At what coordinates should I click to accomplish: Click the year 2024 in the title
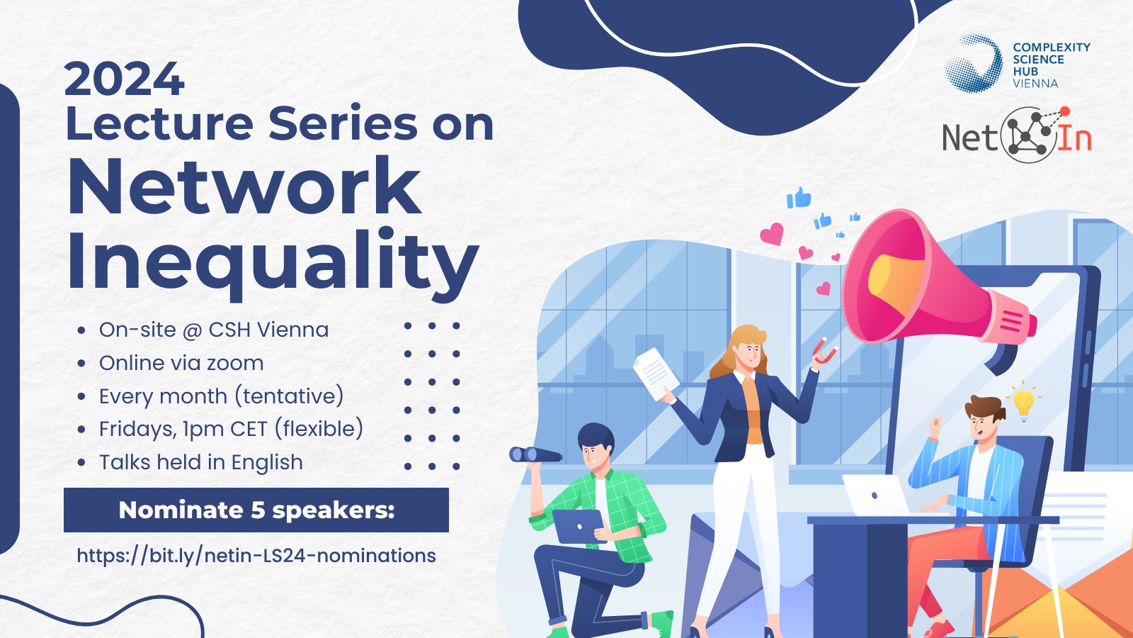(x=125, y=79)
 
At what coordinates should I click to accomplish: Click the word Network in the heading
(x=244, y=186)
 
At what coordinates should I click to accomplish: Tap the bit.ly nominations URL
(x=256, y=556)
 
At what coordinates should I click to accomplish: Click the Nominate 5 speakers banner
(x=256, y=510)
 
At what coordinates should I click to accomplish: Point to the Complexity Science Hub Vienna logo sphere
(x=973, y=63)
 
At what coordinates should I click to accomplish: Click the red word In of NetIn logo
(x=1074, y=138)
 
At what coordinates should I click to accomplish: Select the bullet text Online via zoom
(x=181, y=363)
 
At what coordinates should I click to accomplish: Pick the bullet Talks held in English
(x=201, y=462)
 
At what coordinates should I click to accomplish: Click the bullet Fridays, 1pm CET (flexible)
(x=231, y=429)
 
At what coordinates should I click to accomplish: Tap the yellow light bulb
(x=1023, y=403)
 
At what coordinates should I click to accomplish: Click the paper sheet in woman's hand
(x=656, y=374)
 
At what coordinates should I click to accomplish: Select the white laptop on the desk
(x=875, y=496)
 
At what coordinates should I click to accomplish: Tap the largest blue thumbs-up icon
(x=799, y=198)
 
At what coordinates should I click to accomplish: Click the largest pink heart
(x=773, y=234)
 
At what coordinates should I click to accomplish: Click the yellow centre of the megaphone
(x=893, y=281)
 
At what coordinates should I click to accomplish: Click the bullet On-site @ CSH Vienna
(x=213, y=330)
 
